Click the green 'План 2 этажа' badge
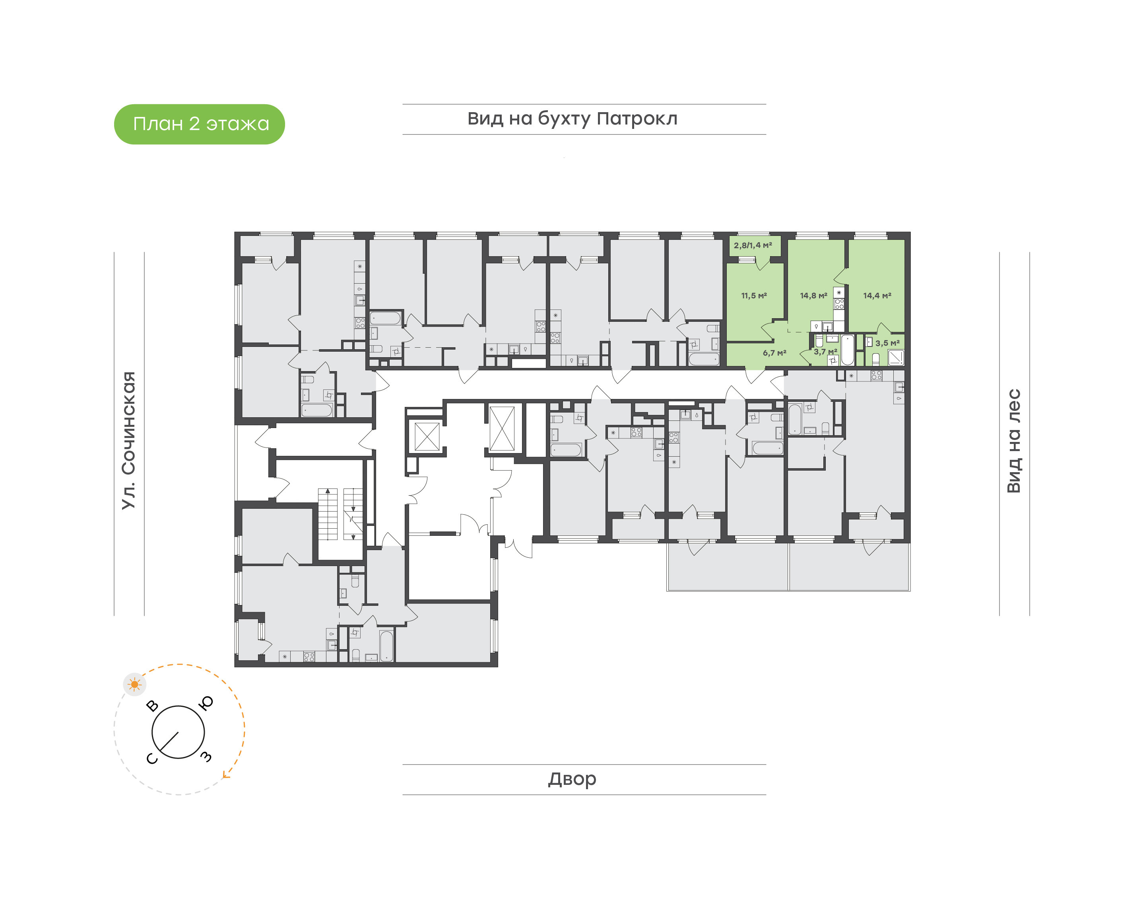click(x=199, y=124)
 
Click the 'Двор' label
click(x=572, y=779)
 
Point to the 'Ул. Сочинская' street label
click(x=129, y=440)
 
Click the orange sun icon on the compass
click(x=135, y=684)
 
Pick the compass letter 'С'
click(x=151, y=759)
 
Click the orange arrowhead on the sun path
click(x=226, y=774)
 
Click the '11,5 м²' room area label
click(x=754, y=296)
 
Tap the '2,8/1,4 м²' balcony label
click(x=753, y=245)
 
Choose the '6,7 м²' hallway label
click(x=774, y=353)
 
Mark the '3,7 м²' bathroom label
click(x=825, y=352)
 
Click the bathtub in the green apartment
click(x=848, y=350)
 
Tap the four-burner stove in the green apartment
click(x=839, y=304)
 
